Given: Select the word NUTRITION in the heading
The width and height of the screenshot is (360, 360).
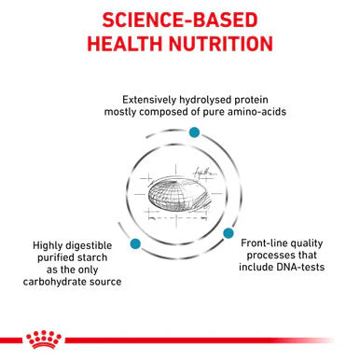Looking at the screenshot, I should coord(221,43).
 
